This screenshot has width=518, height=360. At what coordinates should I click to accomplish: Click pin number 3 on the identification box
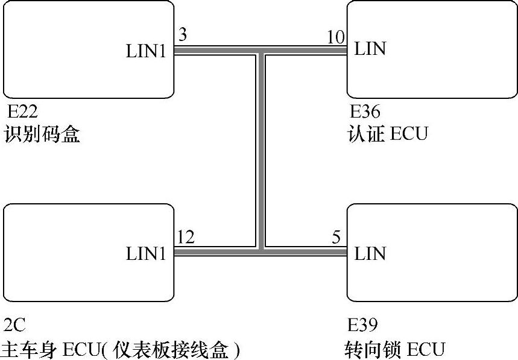pos(183,35)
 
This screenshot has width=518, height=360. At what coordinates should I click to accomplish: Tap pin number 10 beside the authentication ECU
pos(336,37)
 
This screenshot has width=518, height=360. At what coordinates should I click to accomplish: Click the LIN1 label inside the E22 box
pos(145,51)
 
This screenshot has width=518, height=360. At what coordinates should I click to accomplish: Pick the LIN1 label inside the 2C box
pos(145,254)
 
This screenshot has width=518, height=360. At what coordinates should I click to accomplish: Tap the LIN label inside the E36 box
pos(370,49)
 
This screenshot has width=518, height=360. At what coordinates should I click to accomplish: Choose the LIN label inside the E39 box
pos(370,253)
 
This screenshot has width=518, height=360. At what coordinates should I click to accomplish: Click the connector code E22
pos(22,112)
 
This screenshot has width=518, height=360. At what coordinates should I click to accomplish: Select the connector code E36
pos(365,112)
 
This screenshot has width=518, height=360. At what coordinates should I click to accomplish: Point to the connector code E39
pos(364,326)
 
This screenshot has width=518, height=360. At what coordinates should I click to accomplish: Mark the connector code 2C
pos(14,326)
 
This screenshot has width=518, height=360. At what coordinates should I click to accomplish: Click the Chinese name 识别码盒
pos(42,133)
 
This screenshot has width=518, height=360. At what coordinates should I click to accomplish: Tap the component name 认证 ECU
pos(388,133)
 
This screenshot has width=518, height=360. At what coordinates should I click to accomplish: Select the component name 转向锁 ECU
pos(395,349)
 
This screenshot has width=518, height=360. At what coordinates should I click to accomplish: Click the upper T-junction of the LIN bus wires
pos(261,50)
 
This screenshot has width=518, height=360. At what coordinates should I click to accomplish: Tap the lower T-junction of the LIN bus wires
pos(261,250)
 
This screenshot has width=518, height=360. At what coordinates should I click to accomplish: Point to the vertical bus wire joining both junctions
pos(261,151)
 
